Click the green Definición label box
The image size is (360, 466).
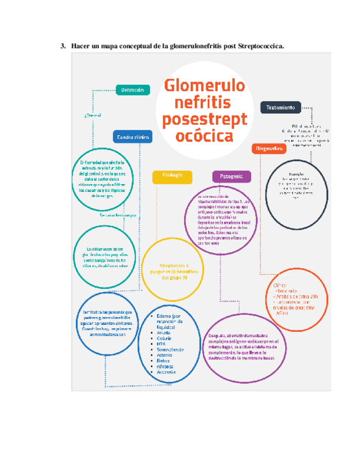tap(132, 90)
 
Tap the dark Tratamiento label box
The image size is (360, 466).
tap(280, 107)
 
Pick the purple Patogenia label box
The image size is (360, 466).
tap(231, 176)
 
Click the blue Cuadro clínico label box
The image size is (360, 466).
tap(132, 137)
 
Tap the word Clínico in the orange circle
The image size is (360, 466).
tap(280, 286)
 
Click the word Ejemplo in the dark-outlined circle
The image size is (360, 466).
tap(289, 174)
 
